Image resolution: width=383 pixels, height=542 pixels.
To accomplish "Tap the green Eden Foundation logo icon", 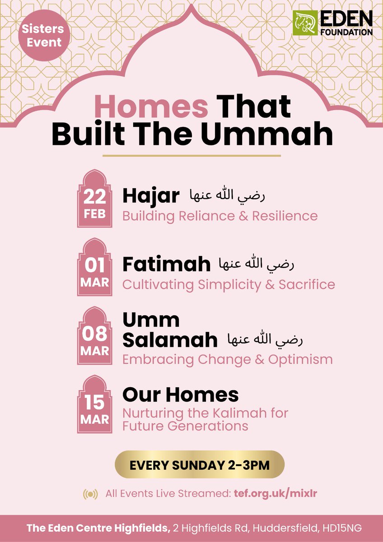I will [304, 23].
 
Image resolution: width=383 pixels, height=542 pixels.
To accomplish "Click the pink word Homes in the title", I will [152, 107].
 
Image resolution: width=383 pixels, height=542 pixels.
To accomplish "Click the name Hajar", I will [151, 196].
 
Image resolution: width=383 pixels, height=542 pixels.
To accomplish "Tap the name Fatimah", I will [166, 265].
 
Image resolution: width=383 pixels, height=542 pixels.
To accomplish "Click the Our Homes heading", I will [180, 395].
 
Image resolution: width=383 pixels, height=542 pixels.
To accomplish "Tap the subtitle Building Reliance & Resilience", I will [220, 215].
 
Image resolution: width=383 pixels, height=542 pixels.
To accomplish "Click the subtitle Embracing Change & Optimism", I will [228, 360].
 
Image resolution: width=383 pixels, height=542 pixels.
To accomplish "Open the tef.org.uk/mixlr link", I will [276, 494].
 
